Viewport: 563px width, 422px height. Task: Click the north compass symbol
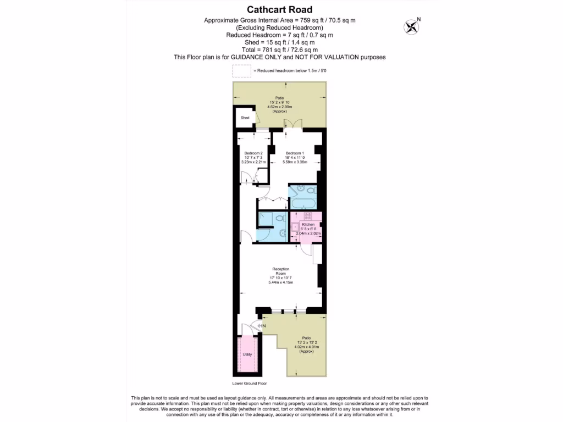(411, 26)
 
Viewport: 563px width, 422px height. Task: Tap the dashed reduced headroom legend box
(241, 71)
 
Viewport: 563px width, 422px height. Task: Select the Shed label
(245, 118)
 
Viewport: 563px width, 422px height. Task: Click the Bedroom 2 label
(253, 153)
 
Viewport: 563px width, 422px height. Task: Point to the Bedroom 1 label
(294, 153)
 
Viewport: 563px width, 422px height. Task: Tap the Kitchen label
(308, 225)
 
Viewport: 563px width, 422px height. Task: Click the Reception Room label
(281, 271)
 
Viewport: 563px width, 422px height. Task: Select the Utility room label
(247, 354)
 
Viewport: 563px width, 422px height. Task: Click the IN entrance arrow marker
(262, 326)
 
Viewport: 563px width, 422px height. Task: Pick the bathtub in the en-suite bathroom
(302, 204)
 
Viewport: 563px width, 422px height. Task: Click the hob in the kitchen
(308, 216)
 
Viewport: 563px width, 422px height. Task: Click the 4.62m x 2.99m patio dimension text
(280, 107)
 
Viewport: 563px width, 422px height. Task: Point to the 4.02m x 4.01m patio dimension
(306, 347)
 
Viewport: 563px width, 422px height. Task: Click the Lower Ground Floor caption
(249, 384)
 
